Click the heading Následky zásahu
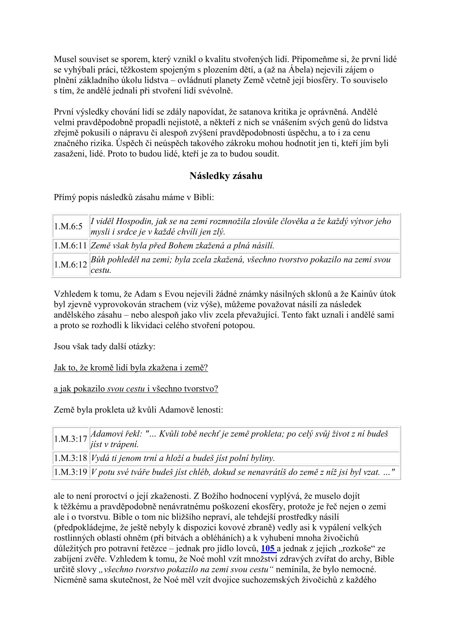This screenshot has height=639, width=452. click(x=226, y=176)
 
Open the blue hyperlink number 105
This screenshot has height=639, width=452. click(x=268, y=548)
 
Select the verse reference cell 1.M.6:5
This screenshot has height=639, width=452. click(x=68, y=227)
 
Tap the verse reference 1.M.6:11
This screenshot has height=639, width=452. click(x=71, y=246)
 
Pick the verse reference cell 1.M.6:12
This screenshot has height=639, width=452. click(x=71, y=265)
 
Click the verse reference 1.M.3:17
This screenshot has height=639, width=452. click(x=71, y=439)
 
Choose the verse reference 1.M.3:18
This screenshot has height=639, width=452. click(x=71, y=458)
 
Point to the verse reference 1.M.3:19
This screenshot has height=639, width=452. click(x=71, y=472)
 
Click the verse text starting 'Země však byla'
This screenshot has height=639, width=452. click(x=182, y=246)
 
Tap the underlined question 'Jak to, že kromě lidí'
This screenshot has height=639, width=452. click(x=131, y=368)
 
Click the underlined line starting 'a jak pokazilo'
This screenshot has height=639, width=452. click(x=136, y=388)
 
